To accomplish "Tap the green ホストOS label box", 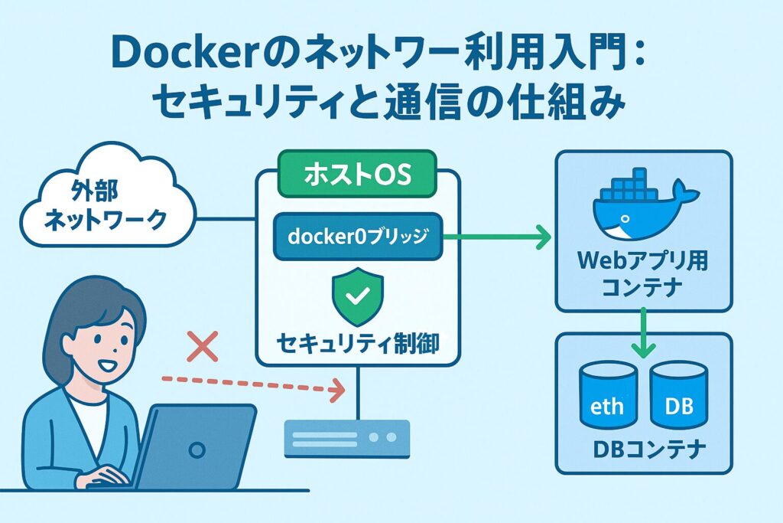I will coord(357,175).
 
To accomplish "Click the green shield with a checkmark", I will coord(358,296).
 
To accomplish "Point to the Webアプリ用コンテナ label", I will coord(644,274).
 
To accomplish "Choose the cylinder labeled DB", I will coord(679,394).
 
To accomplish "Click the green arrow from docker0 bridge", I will coord(497,238).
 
